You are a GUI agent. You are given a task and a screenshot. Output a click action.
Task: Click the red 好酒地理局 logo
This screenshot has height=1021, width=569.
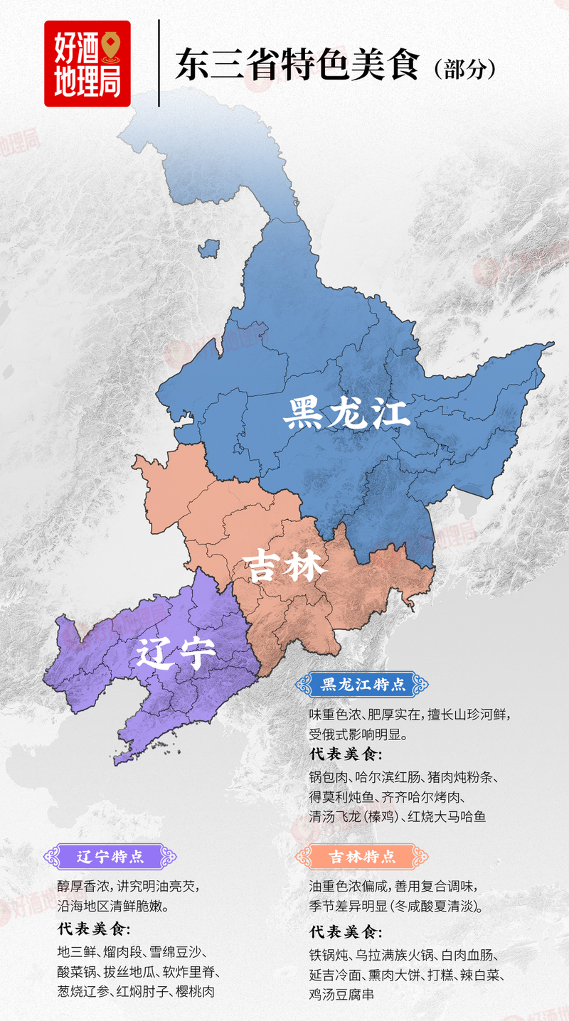[x=87, y=63]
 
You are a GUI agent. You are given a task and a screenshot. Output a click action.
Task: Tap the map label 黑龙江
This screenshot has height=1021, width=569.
[x=346, y=414]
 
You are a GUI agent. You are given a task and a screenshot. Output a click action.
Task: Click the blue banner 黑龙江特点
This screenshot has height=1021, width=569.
[x=363, y=685]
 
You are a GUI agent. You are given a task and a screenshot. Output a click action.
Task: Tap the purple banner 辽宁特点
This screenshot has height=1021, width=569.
[x=110, y=856]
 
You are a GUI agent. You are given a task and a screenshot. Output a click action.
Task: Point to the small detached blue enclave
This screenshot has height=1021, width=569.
[x=208, y=249]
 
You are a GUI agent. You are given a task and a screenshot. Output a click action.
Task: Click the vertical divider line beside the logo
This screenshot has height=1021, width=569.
[x=159, y=63]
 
